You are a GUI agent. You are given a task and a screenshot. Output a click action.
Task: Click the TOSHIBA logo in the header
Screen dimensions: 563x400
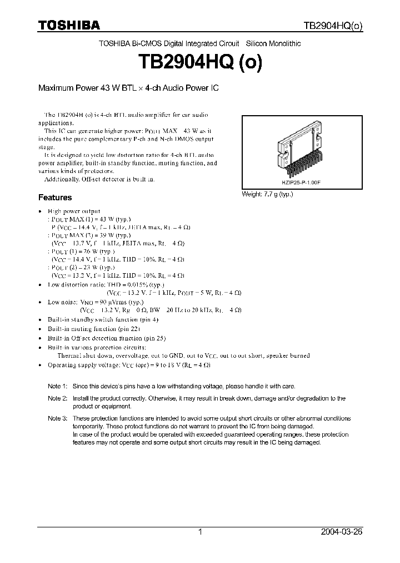point(68,26)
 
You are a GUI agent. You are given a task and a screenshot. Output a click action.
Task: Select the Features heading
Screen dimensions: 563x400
point(54,197)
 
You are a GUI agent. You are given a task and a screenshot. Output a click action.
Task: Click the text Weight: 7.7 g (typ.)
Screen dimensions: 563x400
point(267,194)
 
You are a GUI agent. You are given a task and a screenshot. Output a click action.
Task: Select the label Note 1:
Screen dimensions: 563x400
point(57,386)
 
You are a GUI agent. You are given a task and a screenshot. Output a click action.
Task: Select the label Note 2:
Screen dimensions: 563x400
point(57,398)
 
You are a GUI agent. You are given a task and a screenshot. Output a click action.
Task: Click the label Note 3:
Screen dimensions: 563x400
point(57,418)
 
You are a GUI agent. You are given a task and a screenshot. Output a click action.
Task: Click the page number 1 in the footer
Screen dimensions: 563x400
point(201,532)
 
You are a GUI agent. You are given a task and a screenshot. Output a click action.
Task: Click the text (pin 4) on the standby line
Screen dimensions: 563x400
point(148,320)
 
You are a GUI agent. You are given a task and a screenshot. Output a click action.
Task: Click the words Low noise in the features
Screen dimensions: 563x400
point(61,302)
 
